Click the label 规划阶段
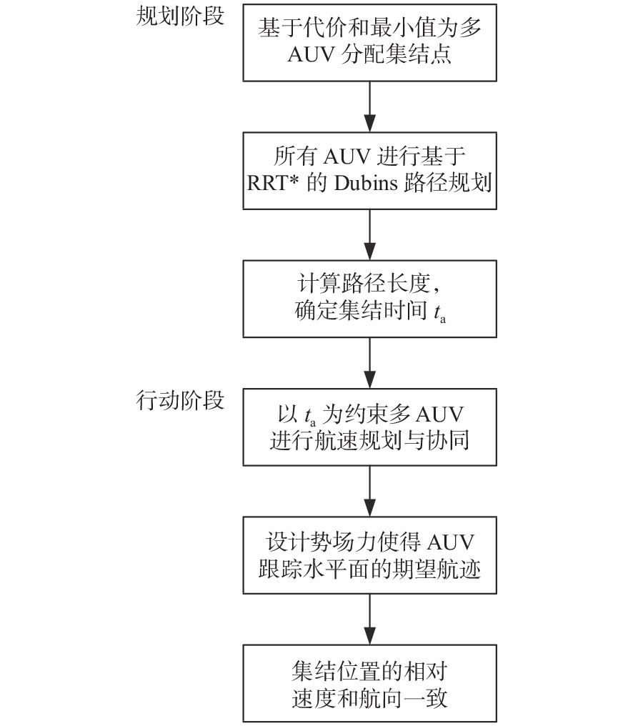180,16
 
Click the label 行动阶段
180,400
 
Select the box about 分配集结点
369,43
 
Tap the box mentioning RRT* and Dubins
369,171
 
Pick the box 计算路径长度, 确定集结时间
369,299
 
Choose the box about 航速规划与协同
369,427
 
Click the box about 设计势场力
369,555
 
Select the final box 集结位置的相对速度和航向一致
369,683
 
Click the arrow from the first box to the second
369,107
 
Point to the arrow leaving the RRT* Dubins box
369,235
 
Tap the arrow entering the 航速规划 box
369,363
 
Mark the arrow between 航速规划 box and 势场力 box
369,491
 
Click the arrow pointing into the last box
369,619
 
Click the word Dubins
366,183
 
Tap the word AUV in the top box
311,54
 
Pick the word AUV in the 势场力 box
451,542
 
